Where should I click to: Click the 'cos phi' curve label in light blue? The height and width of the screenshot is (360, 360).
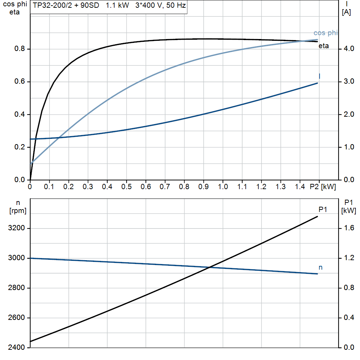click(326, 33)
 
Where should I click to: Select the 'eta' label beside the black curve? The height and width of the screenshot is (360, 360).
click(324, 46)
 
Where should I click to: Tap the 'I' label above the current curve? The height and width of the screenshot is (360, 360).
click(319, 76)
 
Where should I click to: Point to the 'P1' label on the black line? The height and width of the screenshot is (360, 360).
click(323, 210)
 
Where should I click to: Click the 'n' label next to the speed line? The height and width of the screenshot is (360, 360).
click(320, 268)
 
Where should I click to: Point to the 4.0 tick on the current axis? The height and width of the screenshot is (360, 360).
click(348, 49)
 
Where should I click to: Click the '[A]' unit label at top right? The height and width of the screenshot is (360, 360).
click(346, 12)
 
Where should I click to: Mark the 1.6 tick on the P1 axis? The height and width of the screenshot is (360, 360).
click(348, 229)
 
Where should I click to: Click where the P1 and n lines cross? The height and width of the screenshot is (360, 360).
click(210, 267)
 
